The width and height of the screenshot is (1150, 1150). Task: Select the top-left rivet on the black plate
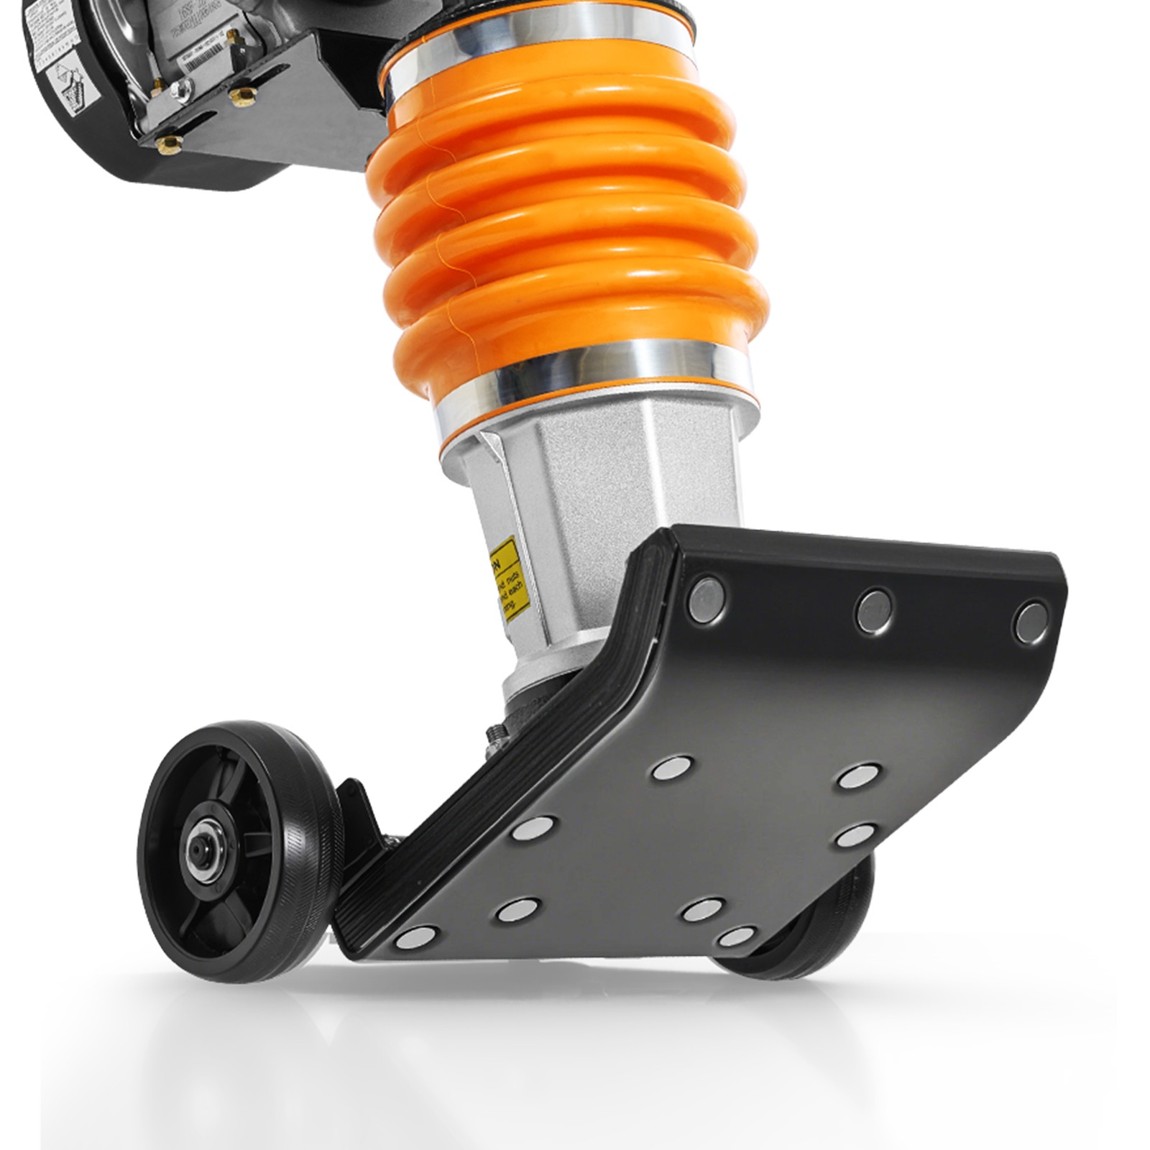(x=707, y=596)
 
